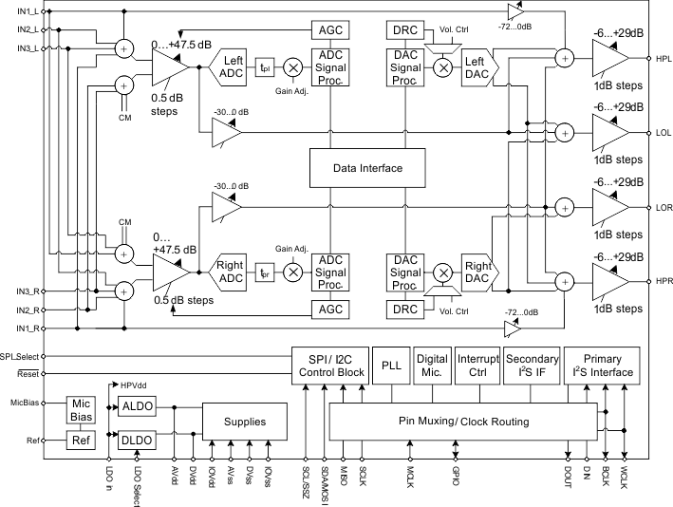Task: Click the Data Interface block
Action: point(368,168)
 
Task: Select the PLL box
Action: point(392,365)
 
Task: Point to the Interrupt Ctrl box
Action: point(477,365)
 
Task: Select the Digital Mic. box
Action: point(433,365)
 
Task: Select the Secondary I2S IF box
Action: point(531,365)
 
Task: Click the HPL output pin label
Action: point(662,59)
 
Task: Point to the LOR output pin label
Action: point(662,206)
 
